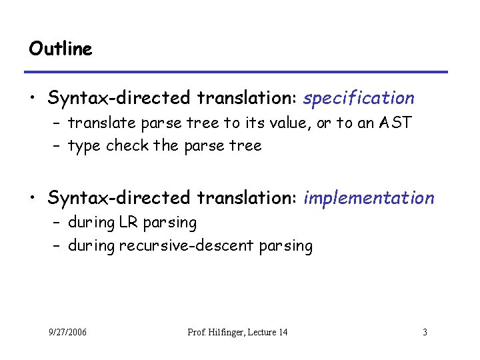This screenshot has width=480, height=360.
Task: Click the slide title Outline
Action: (61, 49)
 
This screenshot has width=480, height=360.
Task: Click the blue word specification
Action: (359, 99)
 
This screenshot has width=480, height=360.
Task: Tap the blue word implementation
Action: (369, 198)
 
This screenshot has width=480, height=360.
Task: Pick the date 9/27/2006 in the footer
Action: (67, 331)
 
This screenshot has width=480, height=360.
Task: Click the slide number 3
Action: (425, 331)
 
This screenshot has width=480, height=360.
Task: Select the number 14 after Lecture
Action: (282, 331)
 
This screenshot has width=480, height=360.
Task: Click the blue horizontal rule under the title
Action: (236, 72)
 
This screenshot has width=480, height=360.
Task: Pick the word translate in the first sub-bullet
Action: (97, 123)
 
